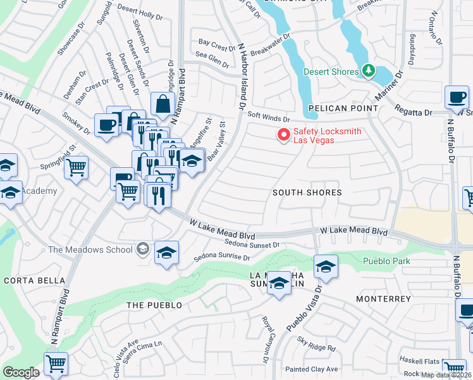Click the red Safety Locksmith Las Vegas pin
click(x=284, y=135)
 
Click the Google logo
click(x=21, y=372)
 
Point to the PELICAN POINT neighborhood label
click(x=343, y=109)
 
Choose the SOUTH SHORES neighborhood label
click(x=307, y=193)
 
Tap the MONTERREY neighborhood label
click(x=383, y=298)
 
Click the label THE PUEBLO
click(x=154, y=305)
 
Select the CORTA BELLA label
click(x=34, y=281)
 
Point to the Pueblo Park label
click(x=386, y=261)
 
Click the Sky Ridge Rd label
click(x=317, y=346)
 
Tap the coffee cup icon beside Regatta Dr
click(x=457, y=98)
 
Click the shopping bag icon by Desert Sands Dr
click(x=163, y=104)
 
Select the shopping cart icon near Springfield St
click(x=76, y=168)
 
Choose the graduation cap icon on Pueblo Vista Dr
click(x=326, y=266)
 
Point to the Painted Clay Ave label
click(x=312, y=369)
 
